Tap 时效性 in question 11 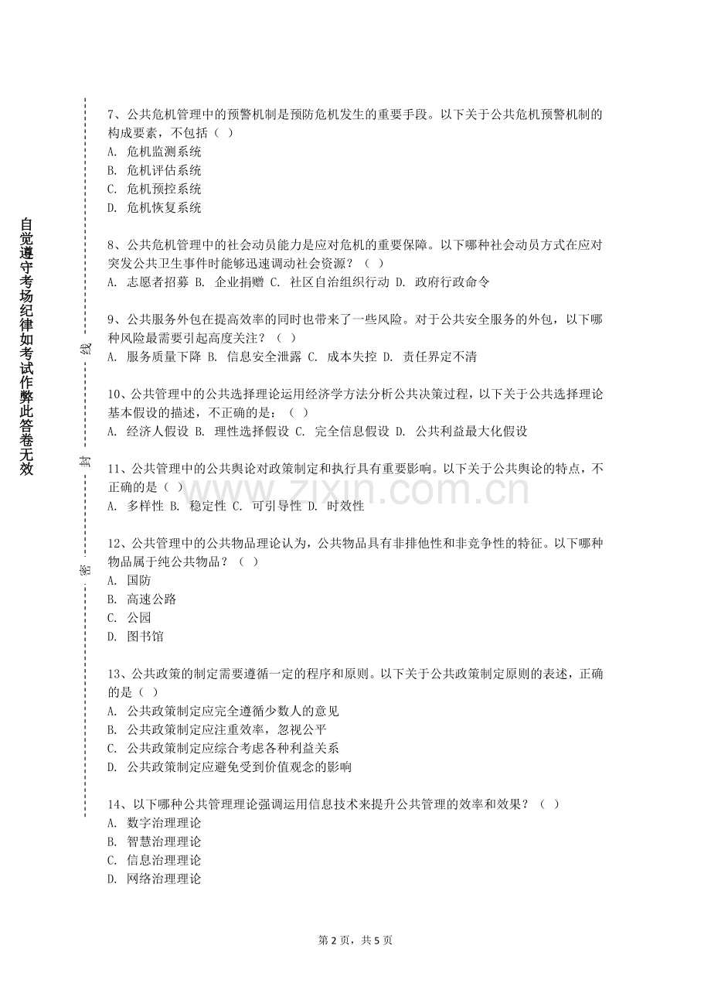345,507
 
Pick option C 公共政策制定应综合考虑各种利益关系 223,749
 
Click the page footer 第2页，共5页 355,940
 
